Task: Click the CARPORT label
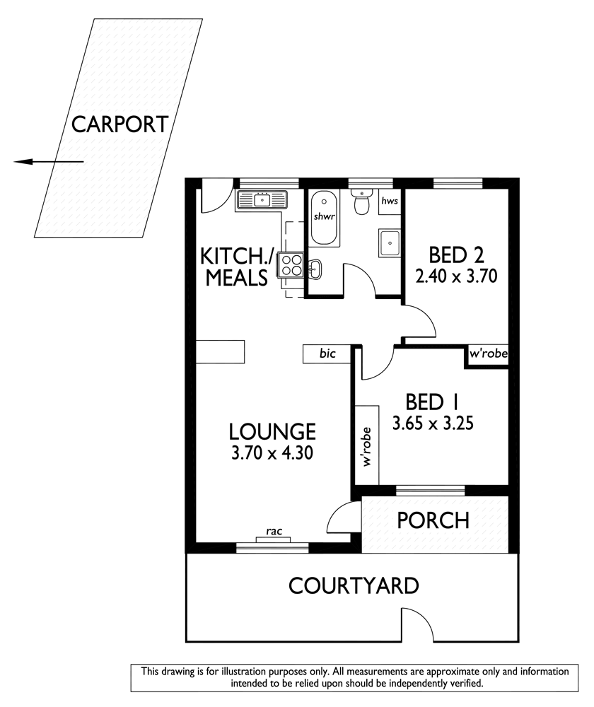click(120, 124)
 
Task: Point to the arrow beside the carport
click(49, 161)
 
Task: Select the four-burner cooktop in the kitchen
click(291, 264)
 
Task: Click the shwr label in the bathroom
click(325, 216)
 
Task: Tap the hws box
click(390, 201)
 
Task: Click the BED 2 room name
click(456, 255)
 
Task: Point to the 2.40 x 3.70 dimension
click(456, 276)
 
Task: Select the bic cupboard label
click(327, 353)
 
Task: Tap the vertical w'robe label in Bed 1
click(367, 446)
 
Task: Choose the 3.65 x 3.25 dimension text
click(433, 423)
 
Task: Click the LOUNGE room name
click(272, 431)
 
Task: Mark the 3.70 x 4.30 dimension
click(272, 452)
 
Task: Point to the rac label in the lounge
click(274, 531)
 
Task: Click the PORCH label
click(433, 520)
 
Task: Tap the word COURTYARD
click(354, 586)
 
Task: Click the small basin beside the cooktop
click(315, 269)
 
